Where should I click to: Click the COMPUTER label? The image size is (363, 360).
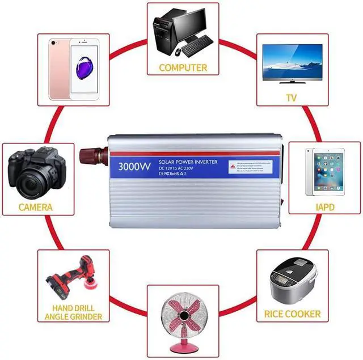coord(183,67)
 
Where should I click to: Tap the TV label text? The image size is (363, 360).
coord(291,98)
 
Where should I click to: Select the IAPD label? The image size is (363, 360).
coord(325,207)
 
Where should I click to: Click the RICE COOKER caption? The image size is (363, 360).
coord(292,314)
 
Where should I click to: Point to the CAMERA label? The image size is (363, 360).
coord(35,207)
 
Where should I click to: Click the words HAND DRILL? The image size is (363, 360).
coord(73,307)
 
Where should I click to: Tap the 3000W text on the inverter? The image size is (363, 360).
coord(134,168)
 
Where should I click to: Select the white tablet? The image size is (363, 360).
coord(324,171)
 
